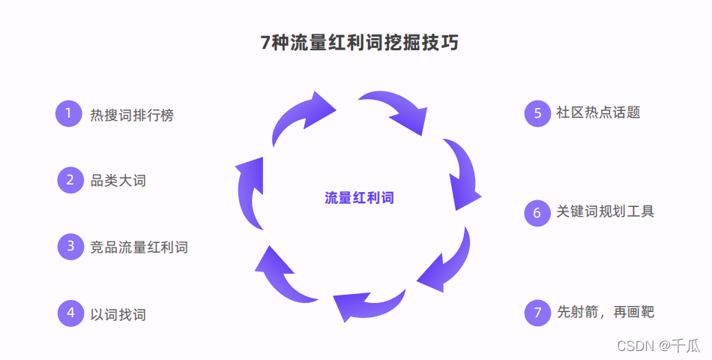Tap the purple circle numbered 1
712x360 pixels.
[x=68, y=114]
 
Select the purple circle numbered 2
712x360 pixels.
[x=70, y=180]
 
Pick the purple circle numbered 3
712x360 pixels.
[x=70, y=246]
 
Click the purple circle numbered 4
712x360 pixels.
[x=70, y=313]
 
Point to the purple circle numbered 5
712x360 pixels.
[x=537, y=113]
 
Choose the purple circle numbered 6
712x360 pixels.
[x=537, y=212]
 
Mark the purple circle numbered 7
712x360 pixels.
[x=537, y=312]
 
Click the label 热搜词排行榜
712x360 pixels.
[x=132, y=115]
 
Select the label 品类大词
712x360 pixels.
[x=118, y=181]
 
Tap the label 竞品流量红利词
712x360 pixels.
[x=139, y=247]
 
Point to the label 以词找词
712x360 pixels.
[x=118, y=313]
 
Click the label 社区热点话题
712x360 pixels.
[x=598, y=113]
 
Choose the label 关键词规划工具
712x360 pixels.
[x=605, y=212]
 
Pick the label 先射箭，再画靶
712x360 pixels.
[x=605, y=312]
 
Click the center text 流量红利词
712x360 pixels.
[x=359, y=198]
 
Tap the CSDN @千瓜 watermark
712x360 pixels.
[x=658, y=346]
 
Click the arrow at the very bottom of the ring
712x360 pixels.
[x=367, y=304]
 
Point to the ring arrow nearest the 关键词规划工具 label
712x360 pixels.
[x=463, y=174]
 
